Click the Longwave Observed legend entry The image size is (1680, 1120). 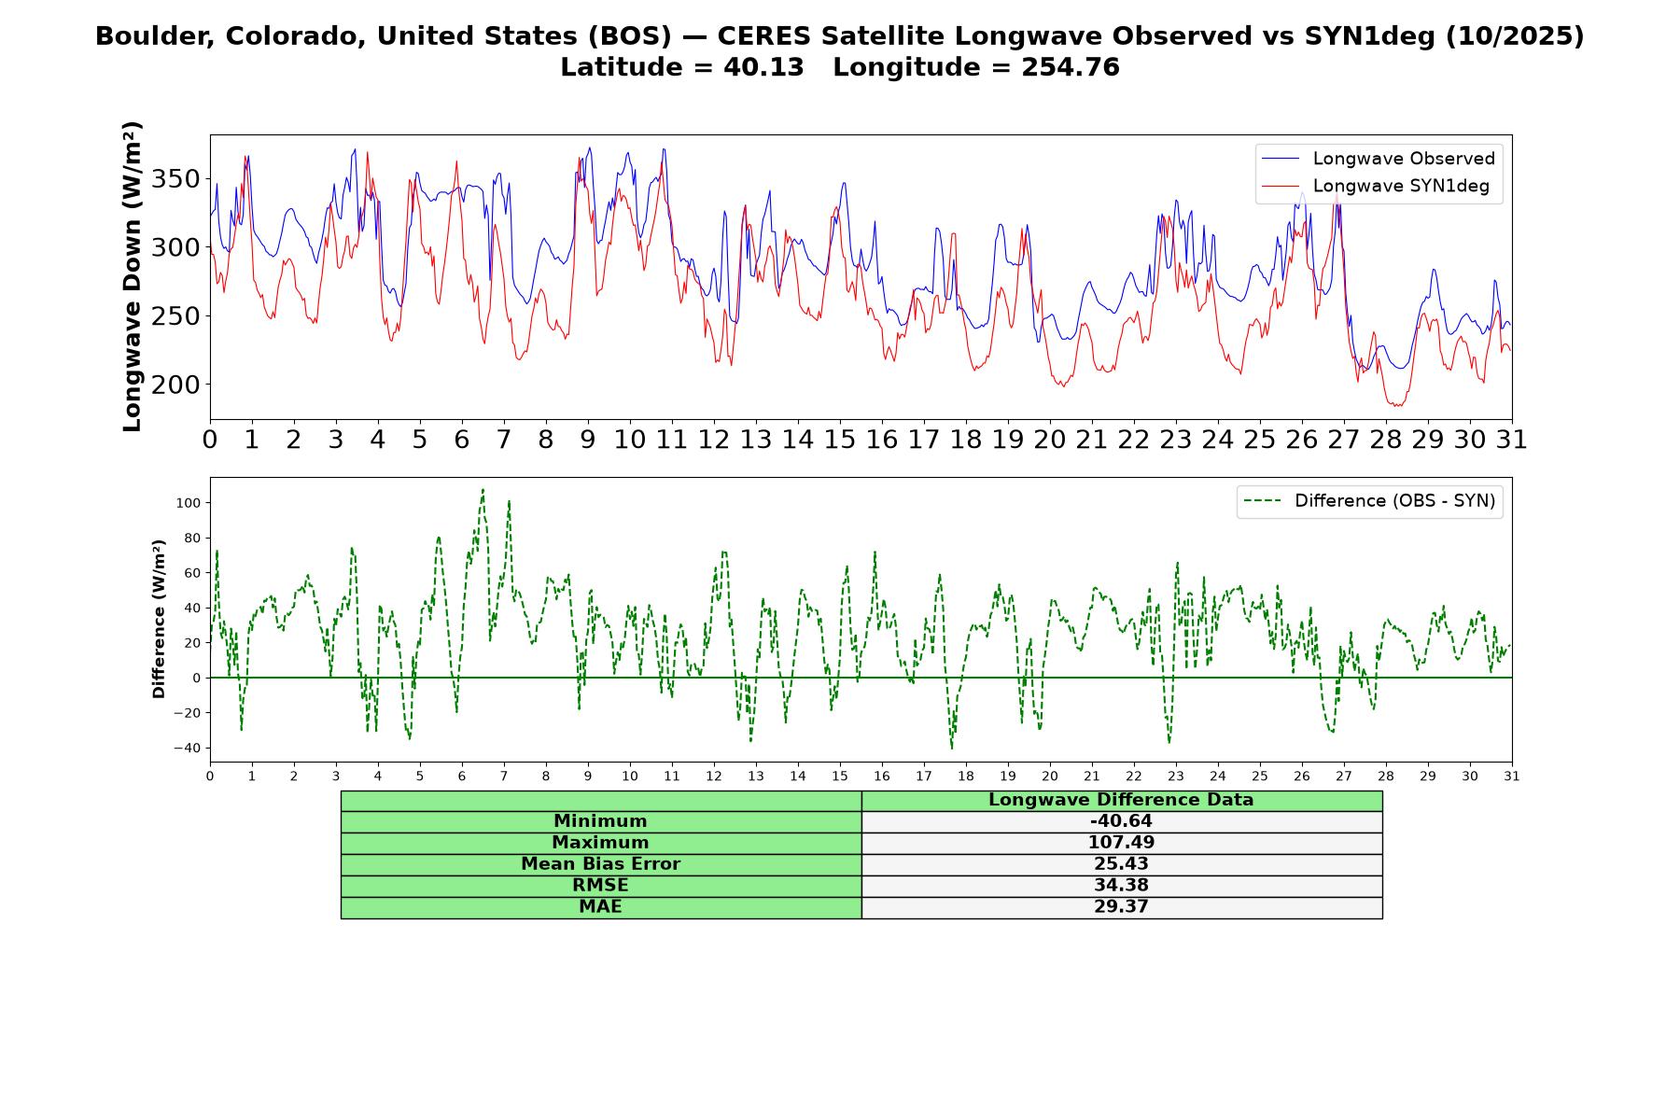click(x=1378, y=159)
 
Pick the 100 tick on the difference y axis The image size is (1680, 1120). click(x=188, y=503)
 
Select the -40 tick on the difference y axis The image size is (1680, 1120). click(x=186, y=749)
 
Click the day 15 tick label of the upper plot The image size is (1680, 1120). click(x=839, y=440)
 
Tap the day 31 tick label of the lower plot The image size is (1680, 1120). click(x=1512, y=777)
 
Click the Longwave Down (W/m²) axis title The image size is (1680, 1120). click(x=132, y=276)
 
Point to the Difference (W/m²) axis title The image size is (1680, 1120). click(x=159, y=619)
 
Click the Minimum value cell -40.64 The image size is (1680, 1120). click(x=1121, y=821)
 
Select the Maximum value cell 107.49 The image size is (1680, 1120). click(x=1121, y=843)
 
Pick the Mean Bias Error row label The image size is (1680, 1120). click(x=600, y=864)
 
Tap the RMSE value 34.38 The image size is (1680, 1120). click(x=1121, y=886)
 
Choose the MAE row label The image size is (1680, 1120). click(x=600, y=907)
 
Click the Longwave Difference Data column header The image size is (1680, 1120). click(x=1121, y=800)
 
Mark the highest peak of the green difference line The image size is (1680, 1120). click(x=483, y=489)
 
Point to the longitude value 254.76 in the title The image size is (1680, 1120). click(x=1069, y=67)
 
